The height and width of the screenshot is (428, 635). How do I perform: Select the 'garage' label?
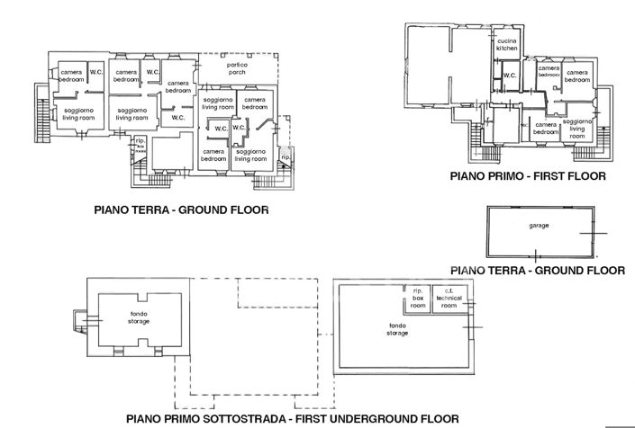(539, 226)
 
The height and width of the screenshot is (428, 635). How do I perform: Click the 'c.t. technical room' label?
(445, 298)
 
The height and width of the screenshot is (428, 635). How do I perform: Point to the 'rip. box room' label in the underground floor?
(417, 298)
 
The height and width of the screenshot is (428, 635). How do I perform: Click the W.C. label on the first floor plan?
(509, 76)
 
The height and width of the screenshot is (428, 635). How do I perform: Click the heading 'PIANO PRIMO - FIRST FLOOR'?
(528, 177)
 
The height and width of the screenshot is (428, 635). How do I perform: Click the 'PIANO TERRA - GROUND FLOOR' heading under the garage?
(538, 269)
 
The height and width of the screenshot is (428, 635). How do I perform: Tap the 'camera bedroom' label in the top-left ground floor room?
(71, 76)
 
